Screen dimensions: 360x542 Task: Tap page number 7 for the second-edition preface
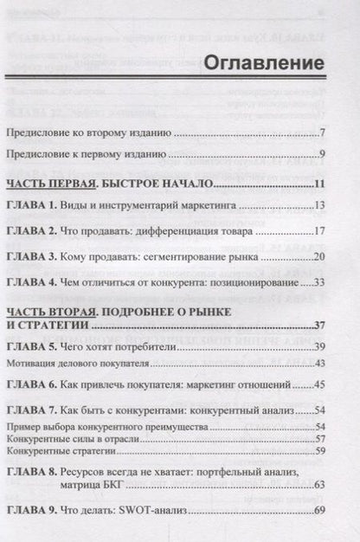[321, 134]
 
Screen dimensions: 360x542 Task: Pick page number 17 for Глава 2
[318, 232]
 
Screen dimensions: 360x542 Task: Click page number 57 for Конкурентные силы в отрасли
[318, 440]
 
